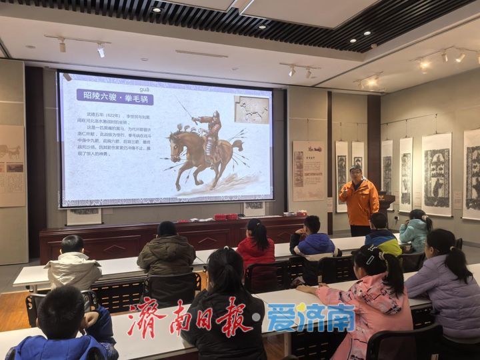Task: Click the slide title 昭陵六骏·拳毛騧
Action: pos(115,98)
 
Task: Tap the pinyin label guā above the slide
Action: pos(144,88)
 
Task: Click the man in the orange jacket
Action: pos(359,199)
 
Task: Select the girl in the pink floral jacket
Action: pos(373,307)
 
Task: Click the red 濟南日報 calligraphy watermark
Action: pos(193,318)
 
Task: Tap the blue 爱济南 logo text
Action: pos(310,317)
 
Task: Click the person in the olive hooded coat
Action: pos(166,257)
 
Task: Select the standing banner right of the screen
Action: pos(309,171)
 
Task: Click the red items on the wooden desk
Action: pos(225,217)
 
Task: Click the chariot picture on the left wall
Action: pos(11,153)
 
